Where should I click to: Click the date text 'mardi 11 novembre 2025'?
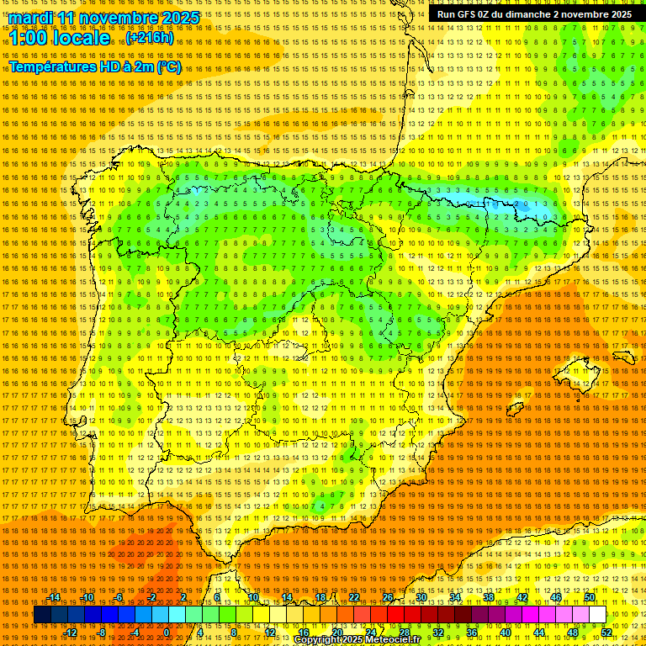(104, 18)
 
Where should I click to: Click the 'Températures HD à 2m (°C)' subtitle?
(95, 66)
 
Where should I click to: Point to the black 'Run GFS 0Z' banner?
(535, 14)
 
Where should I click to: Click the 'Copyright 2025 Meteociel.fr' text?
(357, 639)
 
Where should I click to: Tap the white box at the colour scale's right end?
(597, 615)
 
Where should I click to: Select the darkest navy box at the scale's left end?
(42, 615)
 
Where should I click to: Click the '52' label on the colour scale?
(607, 632)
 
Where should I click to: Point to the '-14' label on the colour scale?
(54, 597)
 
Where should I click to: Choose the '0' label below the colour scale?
(167, 632)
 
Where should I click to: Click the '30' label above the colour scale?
(421, 597)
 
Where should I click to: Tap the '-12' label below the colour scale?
(71, 632)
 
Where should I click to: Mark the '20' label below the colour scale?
(336, 632)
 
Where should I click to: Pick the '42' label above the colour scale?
(522, 597)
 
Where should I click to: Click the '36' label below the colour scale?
(471, 632)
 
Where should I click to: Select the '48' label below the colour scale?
(573, 632)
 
